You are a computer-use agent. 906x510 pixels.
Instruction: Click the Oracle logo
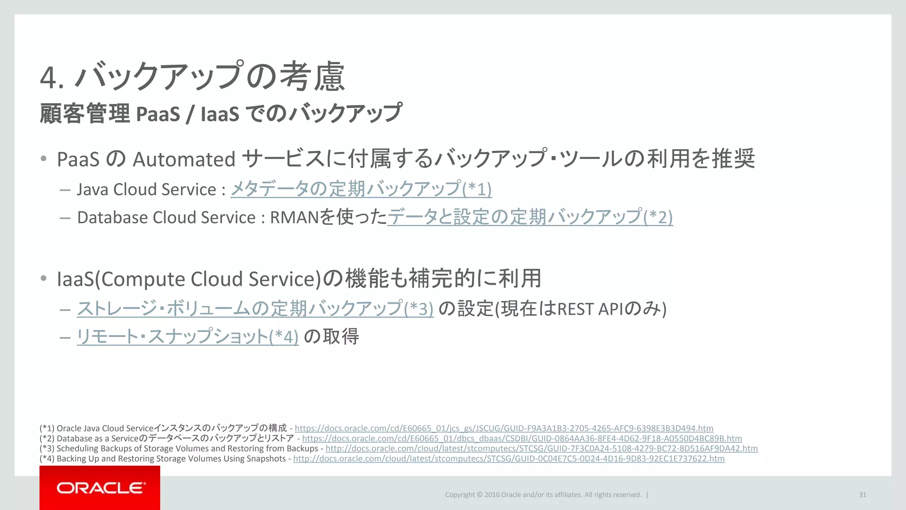point(100,488)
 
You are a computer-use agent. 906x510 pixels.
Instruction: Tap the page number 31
point(862,495)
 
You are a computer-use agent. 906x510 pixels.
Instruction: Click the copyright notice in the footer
point(543,495)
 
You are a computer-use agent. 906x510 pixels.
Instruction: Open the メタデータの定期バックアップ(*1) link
point(361,189)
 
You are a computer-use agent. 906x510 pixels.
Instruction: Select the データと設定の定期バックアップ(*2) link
point(530,217)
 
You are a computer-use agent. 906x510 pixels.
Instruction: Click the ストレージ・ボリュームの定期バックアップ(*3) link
point(255,309)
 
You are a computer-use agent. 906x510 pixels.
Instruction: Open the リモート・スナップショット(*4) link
point(188,337)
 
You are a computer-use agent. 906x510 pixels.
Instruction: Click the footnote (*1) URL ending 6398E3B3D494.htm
point(504,428)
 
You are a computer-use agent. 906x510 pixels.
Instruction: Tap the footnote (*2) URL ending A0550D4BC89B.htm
point(522,438)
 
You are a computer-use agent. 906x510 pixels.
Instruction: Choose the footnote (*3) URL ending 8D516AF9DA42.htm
point(541,448)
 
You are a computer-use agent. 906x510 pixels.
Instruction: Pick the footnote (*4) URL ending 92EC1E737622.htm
point(509,459)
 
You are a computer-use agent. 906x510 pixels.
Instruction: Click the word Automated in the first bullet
point(184,159)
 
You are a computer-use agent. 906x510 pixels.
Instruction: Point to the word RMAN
point(294,217)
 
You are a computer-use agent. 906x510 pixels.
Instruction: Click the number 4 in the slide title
point(49,77)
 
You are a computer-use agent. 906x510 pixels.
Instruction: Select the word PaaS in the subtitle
point(158,114)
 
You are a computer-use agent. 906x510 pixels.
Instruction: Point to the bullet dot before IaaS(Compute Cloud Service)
point(43,278)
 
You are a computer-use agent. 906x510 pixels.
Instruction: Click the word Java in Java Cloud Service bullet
point(92,189)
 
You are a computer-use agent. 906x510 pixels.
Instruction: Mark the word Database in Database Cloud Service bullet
point(112,217)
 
